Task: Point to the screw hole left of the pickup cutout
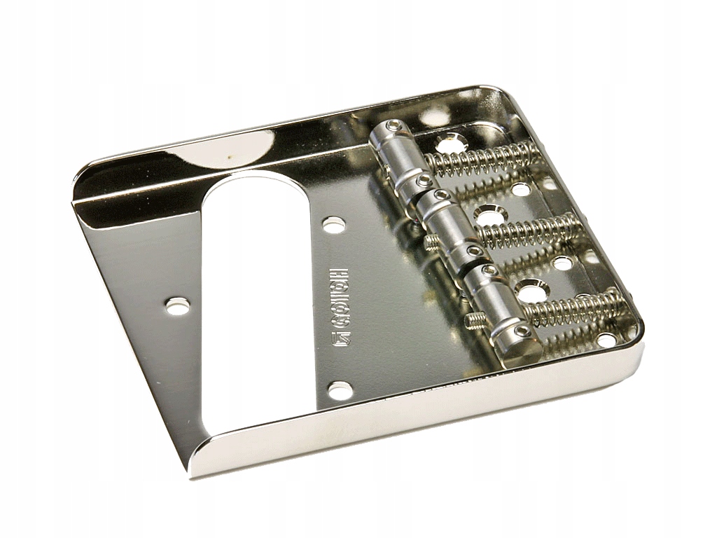coord(177,305)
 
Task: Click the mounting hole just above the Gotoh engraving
coord(334,225)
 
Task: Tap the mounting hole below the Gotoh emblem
coord(340,389)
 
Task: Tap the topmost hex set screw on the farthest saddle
coord(397,126)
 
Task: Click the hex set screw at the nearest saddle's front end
coord(522,331)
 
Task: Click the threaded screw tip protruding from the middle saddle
coord(432,243)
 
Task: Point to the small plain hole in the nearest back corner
coord(606,340)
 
